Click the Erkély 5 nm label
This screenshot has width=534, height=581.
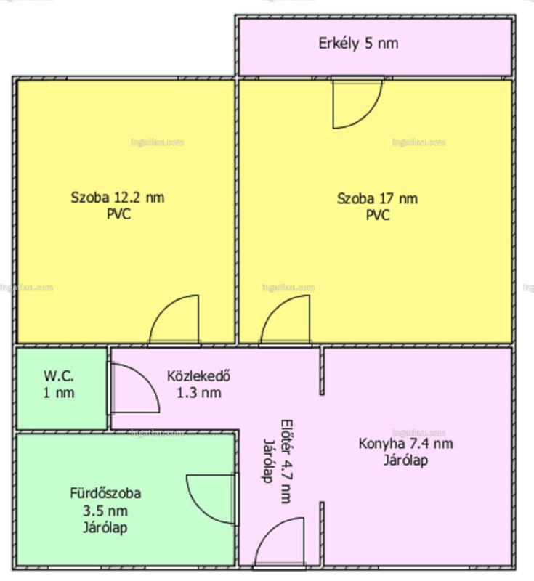[x=358, y=44]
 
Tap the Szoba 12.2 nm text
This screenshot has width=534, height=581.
[x=118, y=198]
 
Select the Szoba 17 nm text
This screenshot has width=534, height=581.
[x=377, y=199]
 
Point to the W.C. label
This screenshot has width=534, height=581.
[x=59, y=375]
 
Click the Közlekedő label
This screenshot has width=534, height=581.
[x=198, y=375]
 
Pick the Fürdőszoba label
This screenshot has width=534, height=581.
[x=105, y=493]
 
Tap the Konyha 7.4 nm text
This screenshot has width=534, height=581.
[x=406, y=444]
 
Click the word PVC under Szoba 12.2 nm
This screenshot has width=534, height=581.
[x=118, y=214]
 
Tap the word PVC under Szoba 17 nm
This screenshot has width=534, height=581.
[x=378, y=215]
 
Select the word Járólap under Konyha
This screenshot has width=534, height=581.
[x=405, y=460]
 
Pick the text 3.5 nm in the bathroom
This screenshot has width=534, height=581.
[x=105, y=511]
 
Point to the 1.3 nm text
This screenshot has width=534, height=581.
[x=199, y=393]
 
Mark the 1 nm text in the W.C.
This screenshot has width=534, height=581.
[x=59, y=393]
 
